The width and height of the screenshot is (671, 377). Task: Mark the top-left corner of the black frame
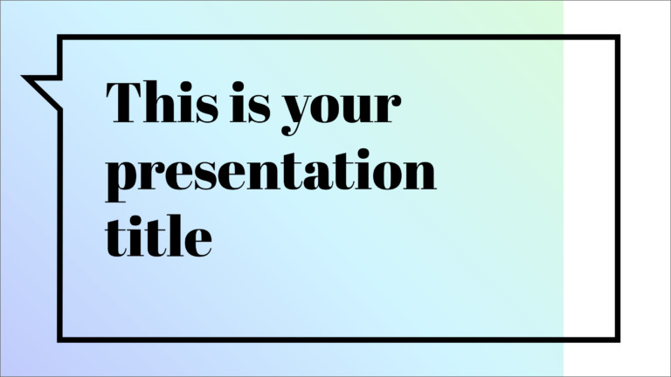click(59, 38)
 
